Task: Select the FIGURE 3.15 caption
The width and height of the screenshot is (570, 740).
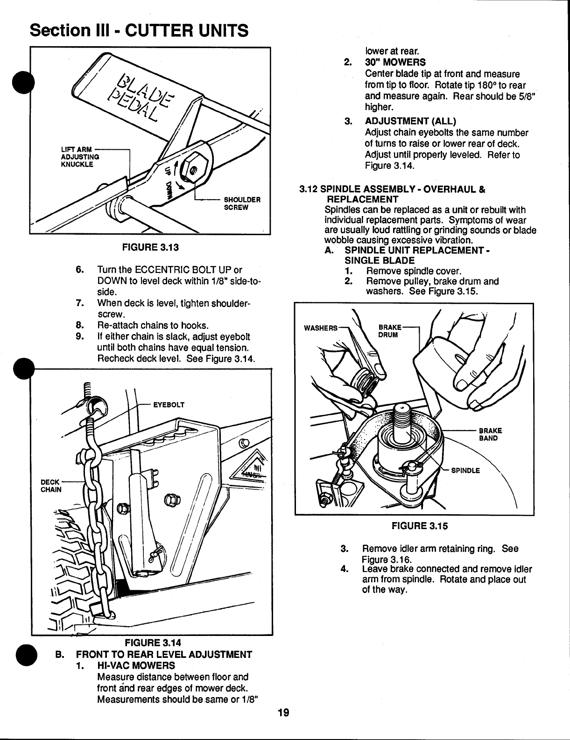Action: [x=419, y=526]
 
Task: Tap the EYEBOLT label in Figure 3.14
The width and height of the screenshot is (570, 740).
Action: [x=169, y=405]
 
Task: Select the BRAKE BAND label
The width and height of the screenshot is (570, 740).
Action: [x=490, y=434]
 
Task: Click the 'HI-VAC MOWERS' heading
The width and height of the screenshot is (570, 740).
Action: [x=136, y=665]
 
